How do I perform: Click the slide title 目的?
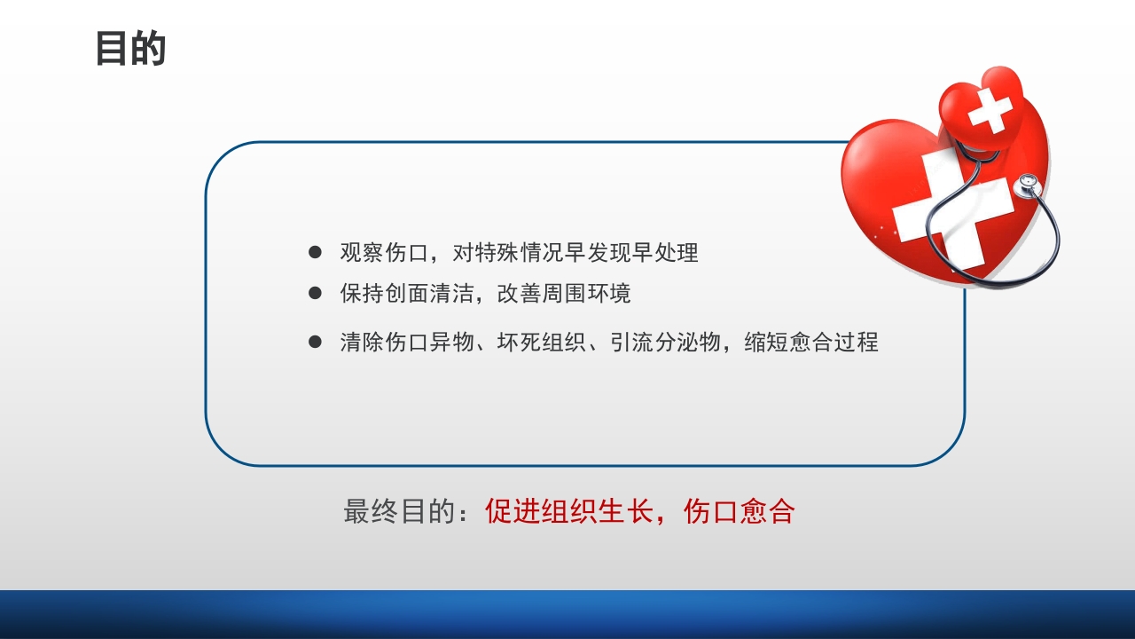tap(130, 50)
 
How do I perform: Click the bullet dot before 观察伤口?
tap(315, 253)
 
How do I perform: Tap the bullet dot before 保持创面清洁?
tap(315, 293)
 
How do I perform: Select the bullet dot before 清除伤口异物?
tap(315, 342)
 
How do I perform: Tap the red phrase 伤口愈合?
tap(739, 512)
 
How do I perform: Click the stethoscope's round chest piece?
tap(1028, 184)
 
